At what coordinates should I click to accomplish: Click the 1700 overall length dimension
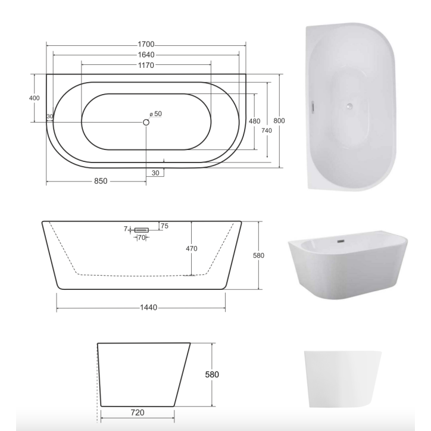coord(146,45)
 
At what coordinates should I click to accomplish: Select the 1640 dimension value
coord(146,55)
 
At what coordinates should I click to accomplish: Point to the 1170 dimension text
coord(146,65)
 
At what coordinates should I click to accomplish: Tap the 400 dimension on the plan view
coord(34,98)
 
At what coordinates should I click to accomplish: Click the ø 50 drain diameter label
coord(155,113)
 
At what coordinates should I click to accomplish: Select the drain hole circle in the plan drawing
coord(146,122)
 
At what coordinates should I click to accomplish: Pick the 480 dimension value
coord(254,121)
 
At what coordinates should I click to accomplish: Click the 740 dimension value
coord(267,130)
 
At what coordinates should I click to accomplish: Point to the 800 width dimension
coord(279,121)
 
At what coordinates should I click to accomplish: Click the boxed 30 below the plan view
coord(155,173)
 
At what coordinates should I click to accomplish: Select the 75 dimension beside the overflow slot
coord(164,226)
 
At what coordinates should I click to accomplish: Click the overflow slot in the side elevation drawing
coord(142,229)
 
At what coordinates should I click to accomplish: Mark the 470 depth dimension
coord(191,248)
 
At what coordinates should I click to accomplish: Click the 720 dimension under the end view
coord(137,411)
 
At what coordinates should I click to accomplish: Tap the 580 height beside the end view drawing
coord(213,374)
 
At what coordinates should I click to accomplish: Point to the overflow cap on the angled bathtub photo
coord(341,241)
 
